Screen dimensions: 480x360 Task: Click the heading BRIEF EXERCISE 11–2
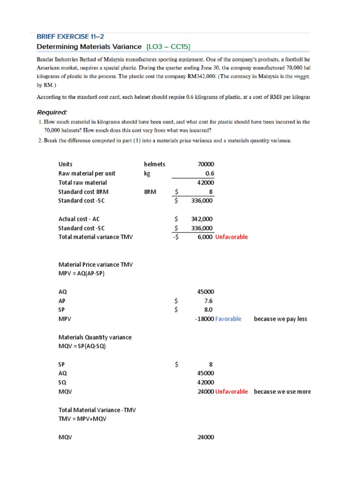[74, 36]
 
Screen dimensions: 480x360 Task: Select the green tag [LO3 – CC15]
[168, 46]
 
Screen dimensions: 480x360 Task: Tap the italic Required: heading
[52, 112]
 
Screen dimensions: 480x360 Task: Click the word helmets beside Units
[155, 164]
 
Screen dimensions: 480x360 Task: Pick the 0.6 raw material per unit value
[210, 173]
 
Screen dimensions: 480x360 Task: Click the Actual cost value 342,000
[202, 219]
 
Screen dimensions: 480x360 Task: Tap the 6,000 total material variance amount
[205, 237]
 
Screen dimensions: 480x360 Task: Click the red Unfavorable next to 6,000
[232, 237]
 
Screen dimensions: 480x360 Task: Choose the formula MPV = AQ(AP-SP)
[81, 274]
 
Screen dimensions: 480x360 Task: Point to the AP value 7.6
[210, 301]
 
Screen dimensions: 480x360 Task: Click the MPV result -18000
[204, 319]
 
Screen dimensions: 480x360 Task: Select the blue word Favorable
[228, 319]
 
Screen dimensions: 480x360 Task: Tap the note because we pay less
[280, 319]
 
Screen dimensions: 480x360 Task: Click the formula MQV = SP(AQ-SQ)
[82, 346]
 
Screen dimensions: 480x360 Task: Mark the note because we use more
[282, 392]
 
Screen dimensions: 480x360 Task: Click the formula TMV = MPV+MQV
[82, 419]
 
